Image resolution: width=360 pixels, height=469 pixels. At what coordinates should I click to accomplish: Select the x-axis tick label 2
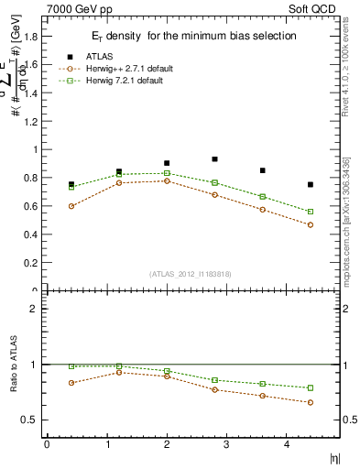pos(166,444)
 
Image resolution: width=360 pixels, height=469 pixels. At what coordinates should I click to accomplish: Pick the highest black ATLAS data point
pos(214,159)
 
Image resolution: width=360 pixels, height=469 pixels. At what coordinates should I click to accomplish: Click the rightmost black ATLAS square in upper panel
pos(311,185)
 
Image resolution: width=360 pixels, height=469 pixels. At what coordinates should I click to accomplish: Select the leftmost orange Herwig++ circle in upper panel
pos(71,206)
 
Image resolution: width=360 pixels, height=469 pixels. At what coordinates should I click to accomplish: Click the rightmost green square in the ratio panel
pos(311,387)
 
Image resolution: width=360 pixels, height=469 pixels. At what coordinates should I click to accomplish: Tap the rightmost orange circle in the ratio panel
pos(311,402)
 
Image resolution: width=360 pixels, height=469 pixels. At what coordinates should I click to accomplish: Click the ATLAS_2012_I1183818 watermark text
pos(189,273)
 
